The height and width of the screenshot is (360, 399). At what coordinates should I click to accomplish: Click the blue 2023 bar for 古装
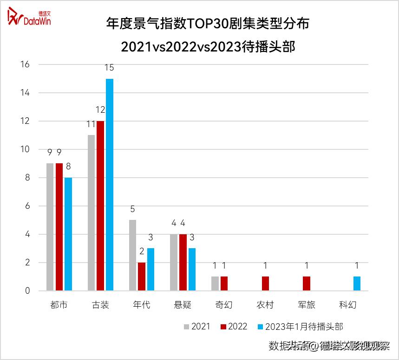[x=110, y=185]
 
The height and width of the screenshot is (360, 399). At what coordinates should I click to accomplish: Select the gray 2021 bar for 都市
[x=50, y=227]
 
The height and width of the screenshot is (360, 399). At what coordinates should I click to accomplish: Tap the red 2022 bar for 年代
[x=141, y=276]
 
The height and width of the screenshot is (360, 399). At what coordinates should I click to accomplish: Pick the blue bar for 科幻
[x=357, y=283]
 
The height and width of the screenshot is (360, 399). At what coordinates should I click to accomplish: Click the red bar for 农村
[x=265, y=283]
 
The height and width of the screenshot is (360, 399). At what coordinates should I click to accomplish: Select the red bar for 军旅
[x=307, y=283]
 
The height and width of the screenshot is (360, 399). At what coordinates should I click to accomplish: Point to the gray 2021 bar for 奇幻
[x=215, y=283]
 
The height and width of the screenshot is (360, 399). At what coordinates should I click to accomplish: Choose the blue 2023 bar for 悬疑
[x=192, y=270]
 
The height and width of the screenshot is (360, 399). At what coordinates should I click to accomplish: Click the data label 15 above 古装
[x=109, y=68]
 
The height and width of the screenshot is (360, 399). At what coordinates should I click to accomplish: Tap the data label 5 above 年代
[x=132, y=209]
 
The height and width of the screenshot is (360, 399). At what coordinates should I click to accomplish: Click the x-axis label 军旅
[x=307, y=305]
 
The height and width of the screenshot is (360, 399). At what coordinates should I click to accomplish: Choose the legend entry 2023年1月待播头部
[x=304, y=327]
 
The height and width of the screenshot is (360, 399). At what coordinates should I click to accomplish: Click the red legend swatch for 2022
[x=223, y=327]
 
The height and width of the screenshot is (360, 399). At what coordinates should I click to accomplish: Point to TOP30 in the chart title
[x=209, y=24]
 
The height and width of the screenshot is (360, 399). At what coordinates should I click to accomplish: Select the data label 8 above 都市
[x=68, y=167]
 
